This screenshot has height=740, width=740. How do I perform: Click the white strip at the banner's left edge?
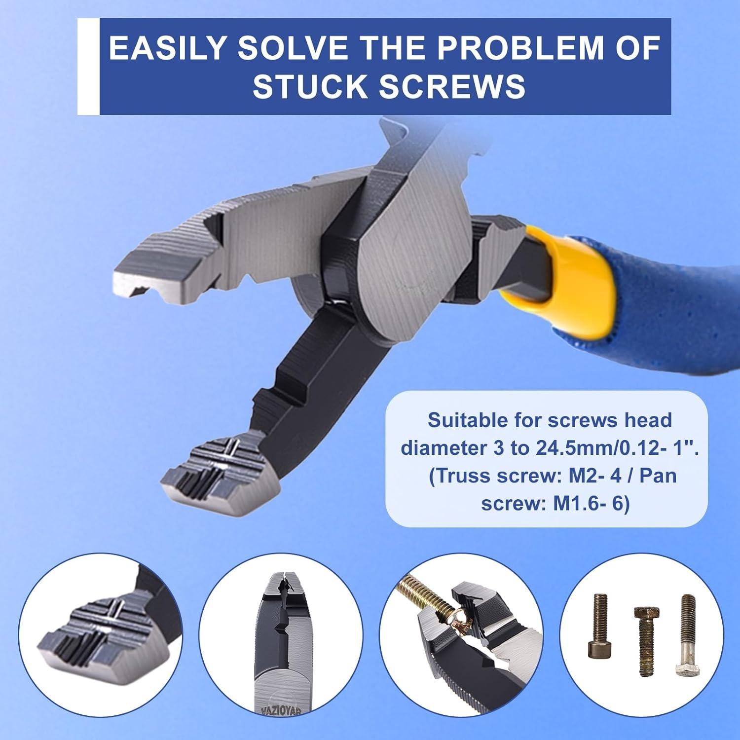tap(88, 66)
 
